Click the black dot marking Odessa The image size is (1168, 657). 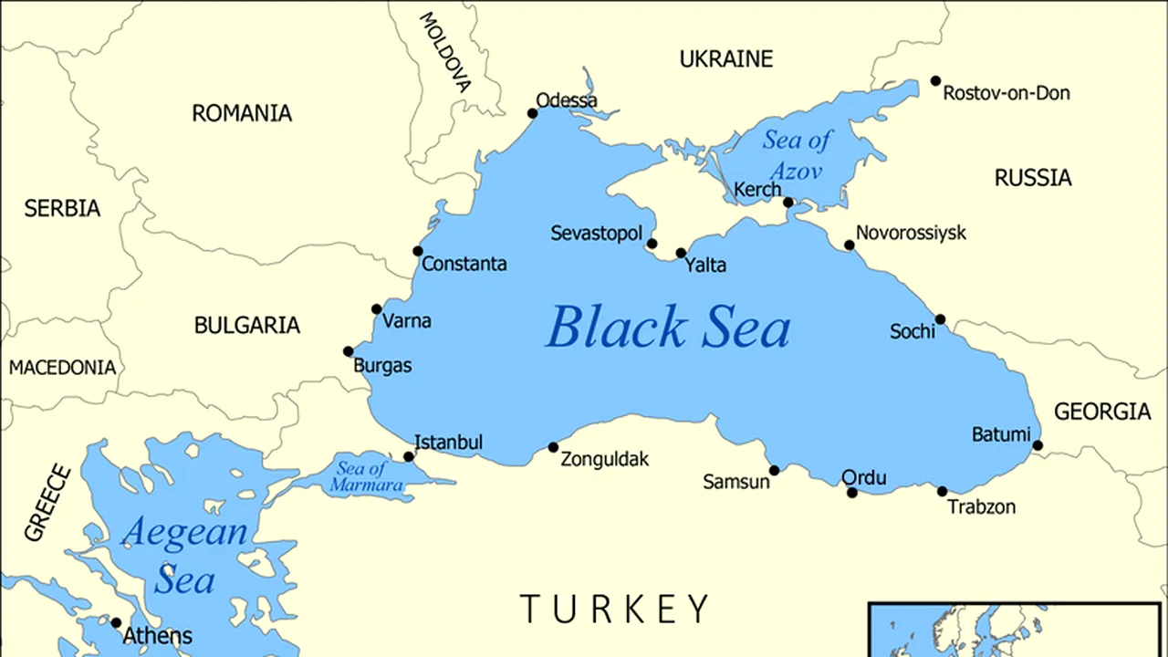pyautogui.click(x=533, y=114)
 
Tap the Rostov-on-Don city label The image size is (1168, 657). pyautogui.click(x=1006, y=93)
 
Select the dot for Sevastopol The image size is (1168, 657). pyautogui.click(x=652, y=244)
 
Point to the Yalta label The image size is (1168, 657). pyautogui.click(x=706, y=266)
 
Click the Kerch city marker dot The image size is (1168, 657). pyautogui.click(x=788, y=203)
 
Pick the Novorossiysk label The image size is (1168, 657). pyautogui.click(x=911, y=233)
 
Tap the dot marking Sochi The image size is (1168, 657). pyautogui.click(x=940, y=319)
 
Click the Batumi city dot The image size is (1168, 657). pyautogui.click(x=1038, y=445)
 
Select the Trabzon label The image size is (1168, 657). pyautogui.click(x=982, y=506)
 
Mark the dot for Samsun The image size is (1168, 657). pyautogui.click(x=775, y=471)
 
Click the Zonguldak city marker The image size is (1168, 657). pyautogui.click(x=553, y=447)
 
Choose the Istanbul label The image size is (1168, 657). pyautogui.click(x=448, y=443)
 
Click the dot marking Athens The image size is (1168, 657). pyautogui.click(x=116, y=623)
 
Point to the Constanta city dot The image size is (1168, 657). pyautogui.click(x=418, y=251)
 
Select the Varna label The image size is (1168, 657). pyautogui.click(x=407, y=321)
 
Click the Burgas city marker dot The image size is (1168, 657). pyautogui.click(x=348, y=351)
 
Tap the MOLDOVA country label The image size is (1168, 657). pyautogui.click(x=445, y=52)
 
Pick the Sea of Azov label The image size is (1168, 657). pyautogui.click(x=797, y=155)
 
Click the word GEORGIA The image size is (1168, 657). pyautogui.click(x=1102, y=412)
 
